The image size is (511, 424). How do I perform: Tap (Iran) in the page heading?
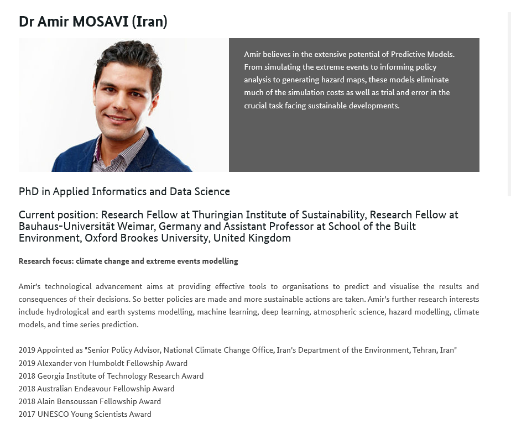coord(149,22)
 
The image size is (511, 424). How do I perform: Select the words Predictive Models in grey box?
coord(423,54)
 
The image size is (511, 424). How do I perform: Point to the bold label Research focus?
coord(46,261)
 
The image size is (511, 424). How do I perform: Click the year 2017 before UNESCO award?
coord(27,414)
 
